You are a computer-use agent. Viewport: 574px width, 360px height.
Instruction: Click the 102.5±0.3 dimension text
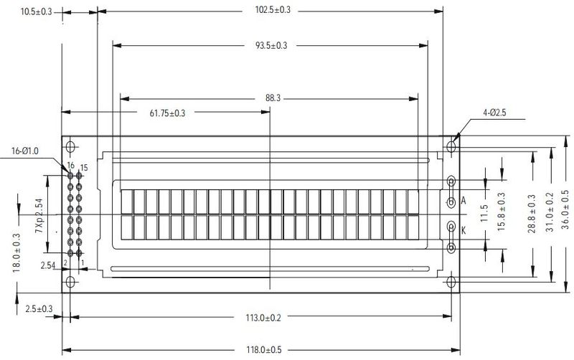click(x=273, y=10)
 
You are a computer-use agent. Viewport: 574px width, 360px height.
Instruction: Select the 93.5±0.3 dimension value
click(x=271, y=46)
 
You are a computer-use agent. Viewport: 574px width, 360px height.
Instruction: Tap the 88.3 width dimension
click(x=273, y=98)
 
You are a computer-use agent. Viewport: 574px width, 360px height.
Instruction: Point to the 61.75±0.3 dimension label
click(x=167, y=113)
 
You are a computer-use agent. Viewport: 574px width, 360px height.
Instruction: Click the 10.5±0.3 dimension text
click(x=37, y=11)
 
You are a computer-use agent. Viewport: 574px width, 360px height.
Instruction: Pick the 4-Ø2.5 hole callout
click(x=494, y=113)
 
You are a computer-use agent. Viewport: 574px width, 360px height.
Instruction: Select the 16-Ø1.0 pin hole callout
click(x=25, y=151)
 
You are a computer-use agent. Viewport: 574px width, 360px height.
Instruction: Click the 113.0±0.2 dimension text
click(x=263, y=318)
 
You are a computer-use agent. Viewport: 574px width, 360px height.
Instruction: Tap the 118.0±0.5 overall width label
click(x=263, y=350)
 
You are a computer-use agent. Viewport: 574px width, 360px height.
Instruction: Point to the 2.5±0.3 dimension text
click(x=39, y=309)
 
